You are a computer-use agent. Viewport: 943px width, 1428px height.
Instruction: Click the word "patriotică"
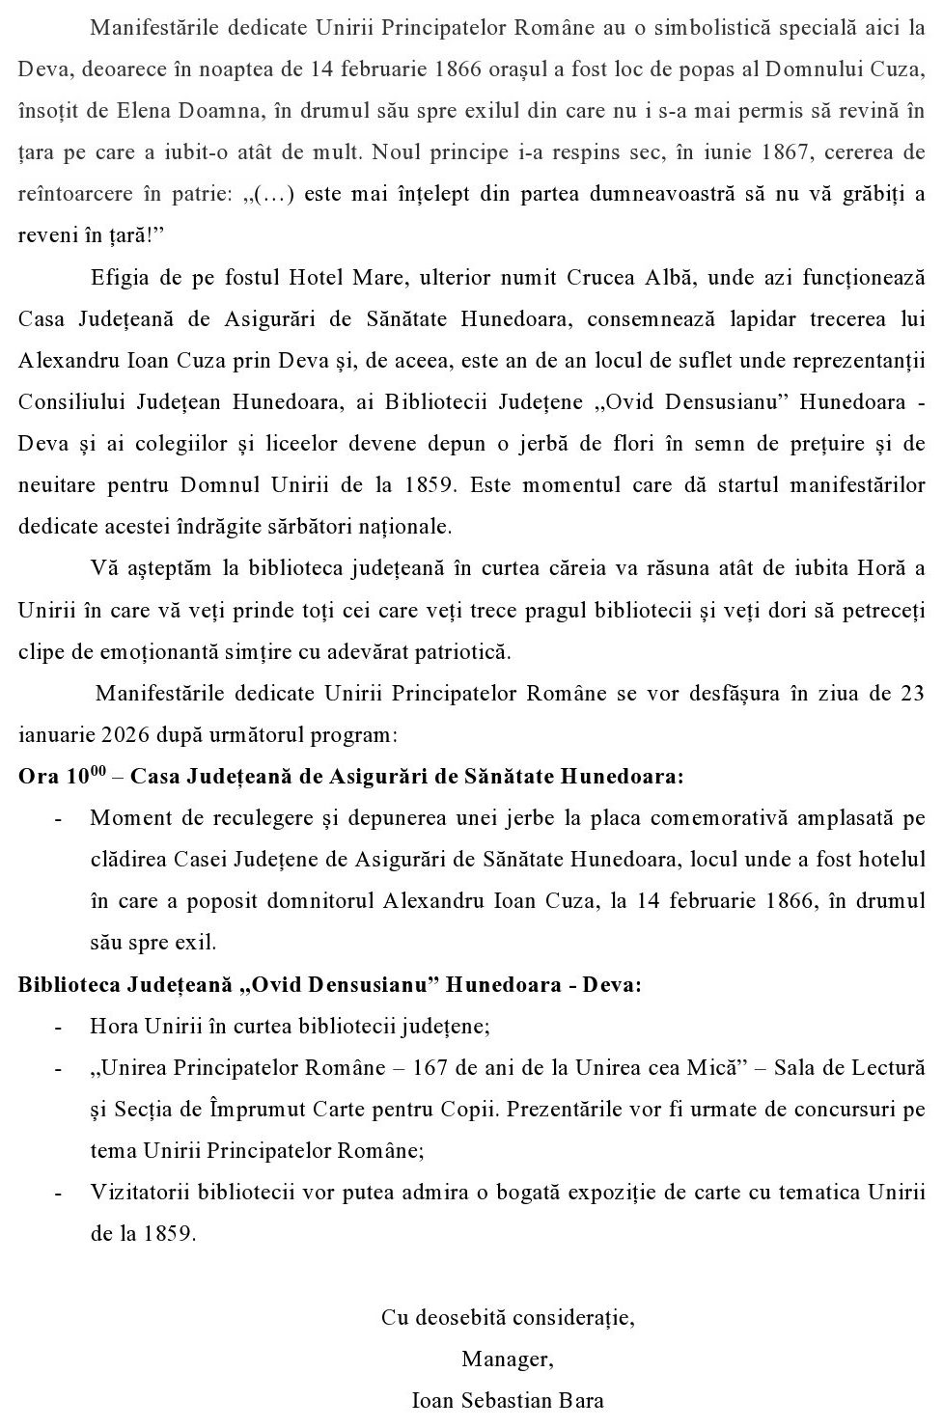coord(459,652)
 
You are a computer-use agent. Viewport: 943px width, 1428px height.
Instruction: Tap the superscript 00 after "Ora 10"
coord(98,770)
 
